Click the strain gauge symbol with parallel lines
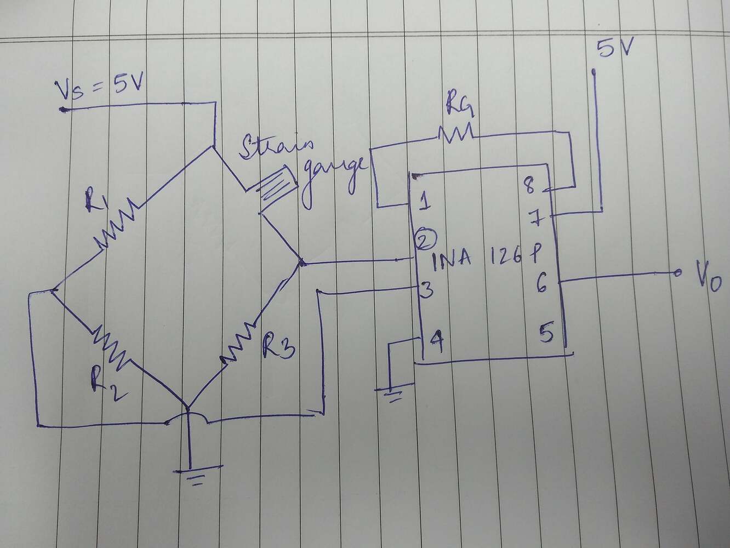pyautogui.click(x=278, y=186)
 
